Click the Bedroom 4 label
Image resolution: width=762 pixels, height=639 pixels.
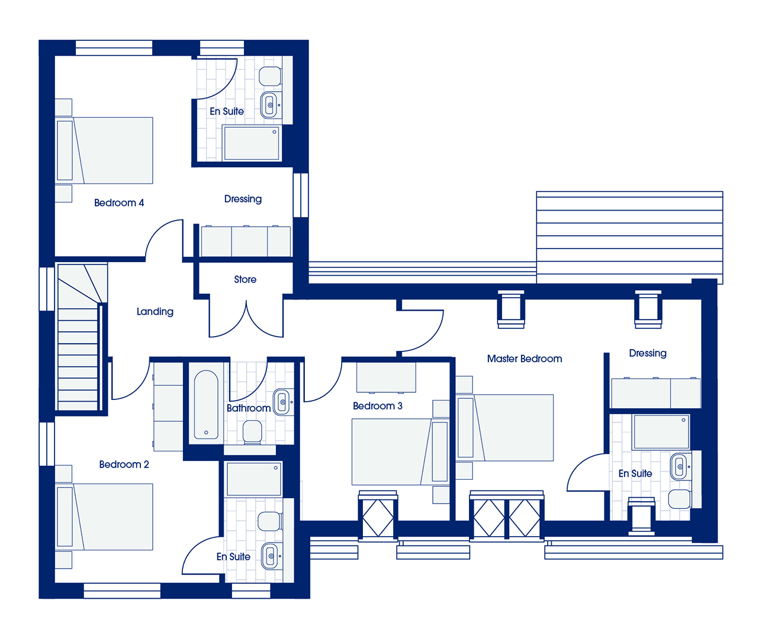coord(119,203)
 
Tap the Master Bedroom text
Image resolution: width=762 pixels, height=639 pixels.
coord(525,359)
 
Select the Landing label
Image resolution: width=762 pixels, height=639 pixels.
coord(155,311)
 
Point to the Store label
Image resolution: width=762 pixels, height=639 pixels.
coord(245,279)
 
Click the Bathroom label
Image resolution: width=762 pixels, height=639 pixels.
coord(249,408)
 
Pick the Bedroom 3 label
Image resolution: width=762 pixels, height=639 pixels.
coord(377,406)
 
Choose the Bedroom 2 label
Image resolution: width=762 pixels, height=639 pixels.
coord(124,464)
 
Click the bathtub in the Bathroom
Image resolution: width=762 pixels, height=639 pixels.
coord(206,405)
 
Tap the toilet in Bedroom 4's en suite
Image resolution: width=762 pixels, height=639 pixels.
coord(271,76)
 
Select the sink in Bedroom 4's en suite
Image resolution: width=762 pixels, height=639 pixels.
coord(271,105)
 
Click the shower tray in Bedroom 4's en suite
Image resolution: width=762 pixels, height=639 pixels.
coord(252,143)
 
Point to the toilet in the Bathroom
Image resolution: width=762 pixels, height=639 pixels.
coord(253,432)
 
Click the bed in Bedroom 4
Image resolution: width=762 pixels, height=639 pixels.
coord(104,150)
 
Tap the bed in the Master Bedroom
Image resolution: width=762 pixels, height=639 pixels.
coord(504,428)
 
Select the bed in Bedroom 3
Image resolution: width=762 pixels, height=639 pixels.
coord(400,452)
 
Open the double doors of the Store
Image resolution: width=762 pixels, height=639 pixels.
coord(246,318)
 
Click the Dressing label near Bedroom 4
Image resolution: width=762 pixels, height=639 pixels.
coord(243,199)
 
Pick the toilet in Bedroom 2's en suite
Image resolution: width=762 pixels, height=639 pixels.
coord(270,522)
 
